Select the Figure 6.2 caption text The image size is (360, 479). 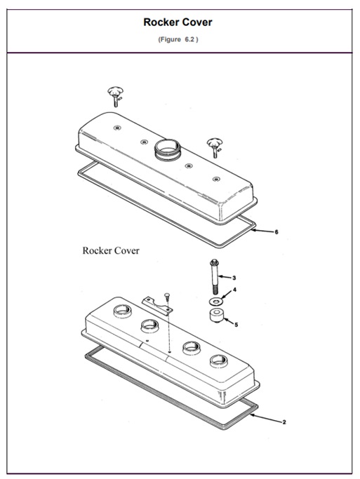click(178, 39)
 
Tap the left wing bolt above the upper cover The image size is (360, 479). click(114, 94)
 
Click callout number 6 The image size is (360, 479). click(276, 231)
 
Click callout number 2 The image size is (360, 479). click(284, 422)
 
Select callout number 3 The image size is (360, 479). click(234, 278)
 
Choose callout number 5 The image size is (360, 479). click(236, 325)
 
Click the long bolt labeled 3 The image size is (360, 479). click(213, 278)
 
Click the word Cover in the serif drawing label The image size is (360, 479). click(126, 251)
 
